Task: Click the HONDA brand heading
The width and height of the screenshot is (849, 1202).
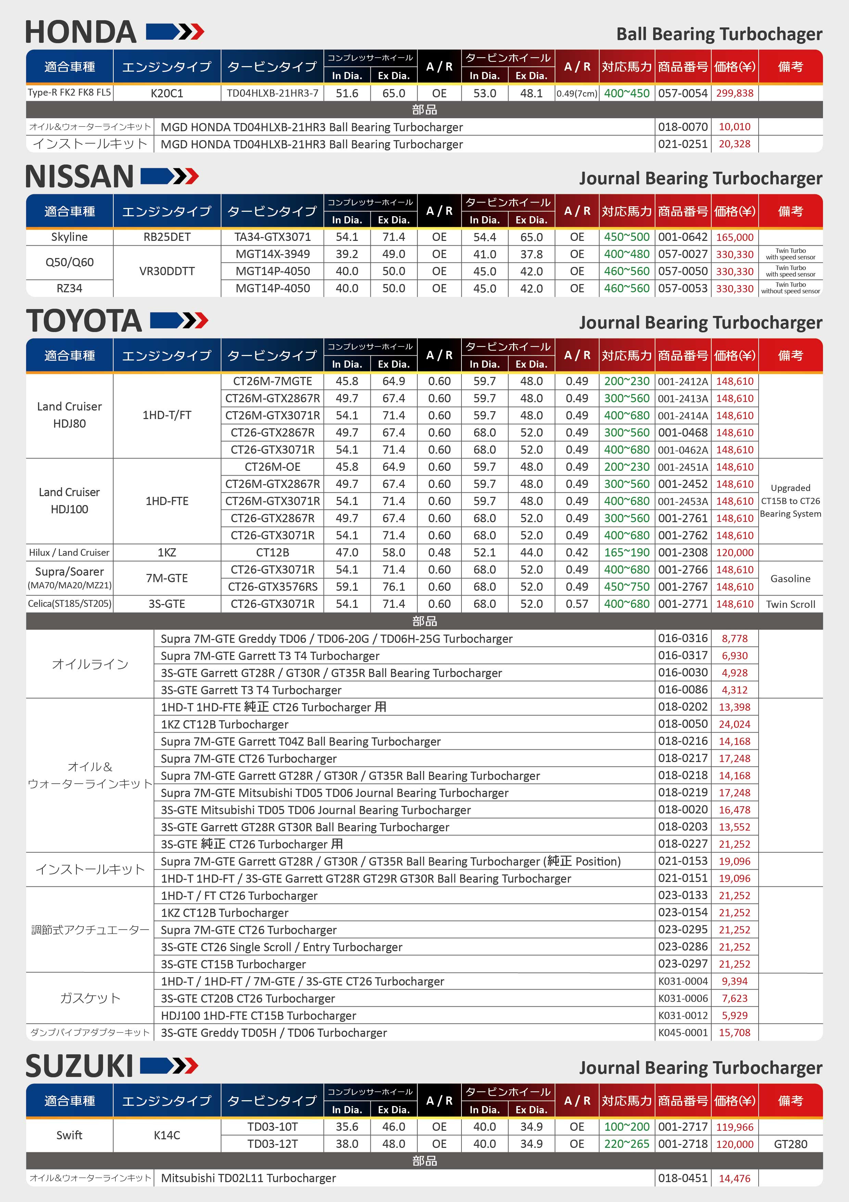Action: coord(81,33)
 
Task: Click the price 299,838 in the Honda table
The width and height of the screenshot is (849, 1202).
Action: coord(734,93)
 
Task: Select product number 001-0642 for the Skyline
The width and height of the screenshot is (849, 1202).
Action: coord(682,237)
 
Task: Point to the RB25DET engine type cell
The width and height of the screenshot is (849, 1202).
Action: coord(167,237)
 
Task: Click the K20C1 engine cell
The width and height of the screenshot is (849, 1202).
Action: coord(167,93)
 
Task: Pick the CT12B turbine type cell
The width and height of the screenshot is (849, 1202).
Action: coord(272,552)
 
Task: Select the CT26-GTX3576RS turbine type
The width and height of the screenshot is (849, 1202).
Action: coord(272,587)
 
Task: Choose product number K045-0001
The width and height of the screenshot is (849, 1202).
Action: coord(682,1032)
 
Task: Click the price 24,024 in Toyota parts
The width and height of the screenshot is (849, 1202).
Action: coord(734,724)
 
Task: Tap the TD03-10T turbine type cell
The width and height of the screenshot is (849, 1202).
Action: coord(272,1127)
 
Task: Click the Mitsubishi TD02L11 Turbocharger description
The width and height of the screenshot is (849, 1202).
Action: coord(249,1178)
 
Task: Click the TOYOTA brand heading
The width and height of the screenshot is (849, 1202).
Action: coord(84,321)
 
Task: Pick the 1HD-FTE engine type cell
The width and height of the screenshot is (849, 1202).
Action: coord(167,501)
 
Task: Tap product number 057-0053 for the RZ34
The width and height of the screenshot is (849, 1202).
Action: coord(682,289)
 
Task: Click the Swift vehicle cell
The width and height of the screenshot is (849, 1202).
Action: coord(69,1135)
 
